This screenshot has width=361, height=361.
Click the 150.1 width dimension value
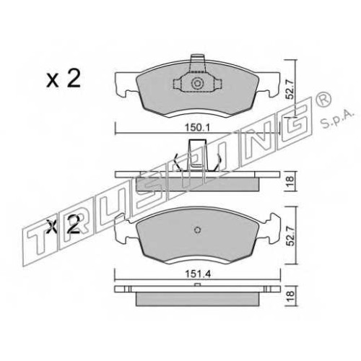tap(198, 127)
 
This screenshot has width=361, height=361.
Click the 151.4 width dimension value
tap(198, 274)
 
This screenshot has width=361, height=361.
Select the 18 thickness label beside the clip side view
tap(291, 179)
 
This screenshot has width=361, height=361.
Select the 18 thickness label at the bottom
tap(291, 294)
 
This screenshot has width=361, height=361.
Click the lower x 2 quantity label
tap(64, 225)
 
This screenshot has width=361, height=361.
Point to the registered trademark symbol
tap(324, 99)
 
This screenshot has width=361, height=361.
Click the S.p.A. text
tap(337, 121)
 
